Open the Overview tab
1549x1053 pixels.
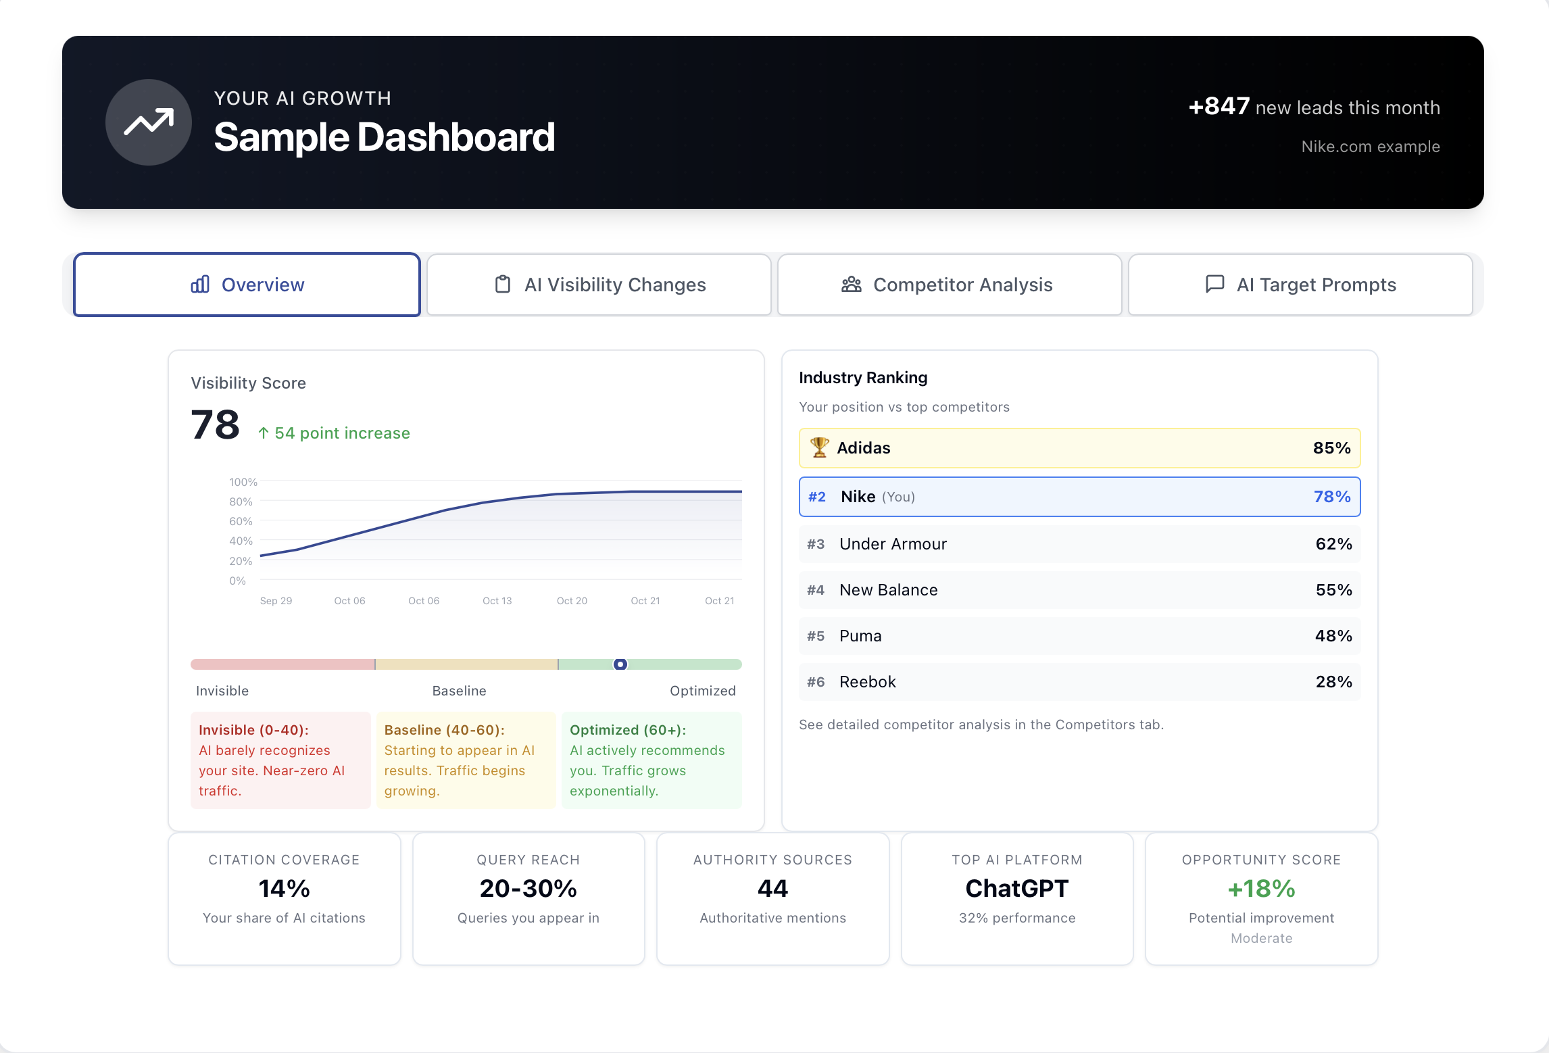click(x=247, y=285)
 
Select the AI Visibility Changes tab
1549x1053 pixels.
click(x=599, y=285)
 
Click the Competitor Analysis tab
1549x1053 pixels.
click(x=949, y=285)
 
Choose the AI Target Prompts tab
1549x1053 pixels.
click(x=1300, y=285)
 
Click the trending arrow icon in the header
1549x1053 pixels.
click(x=149, y=122)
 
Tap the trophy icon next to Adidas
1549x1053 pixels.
click(x=819, y=447)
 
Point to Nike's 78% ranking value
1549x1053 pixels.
click(x=1331, y=497)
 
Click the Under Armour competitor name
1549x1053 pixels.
click(x=893, y=544)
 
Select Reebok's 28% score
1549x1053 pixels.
click(x=1333, y=682)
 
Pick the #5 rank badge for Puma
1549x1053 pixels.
click(x=816, y=636)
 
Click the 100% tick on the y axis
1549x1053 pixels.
click(x=243, y=482)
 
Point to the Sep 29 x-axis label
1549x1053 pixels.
click(x=276, y=601)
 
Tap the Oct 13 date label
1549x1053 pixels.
click(x=497, y=601)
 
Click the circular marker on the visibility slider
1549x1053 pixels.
click(x=620, y=664)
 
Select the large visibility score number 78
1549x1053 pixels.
click(x=216, y=425)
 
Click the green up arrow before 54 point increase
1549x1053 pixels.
click(x=264, y=433)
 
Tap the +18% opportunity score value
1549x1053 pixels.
click(x=1261, y=888)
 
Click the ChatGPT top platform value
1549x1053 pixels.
click(x=1016, y=888)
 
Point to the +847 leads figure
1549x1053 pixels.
click(x=1219, y=106)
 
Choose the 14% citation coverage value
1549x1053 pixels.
click(x=284, y=888)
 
